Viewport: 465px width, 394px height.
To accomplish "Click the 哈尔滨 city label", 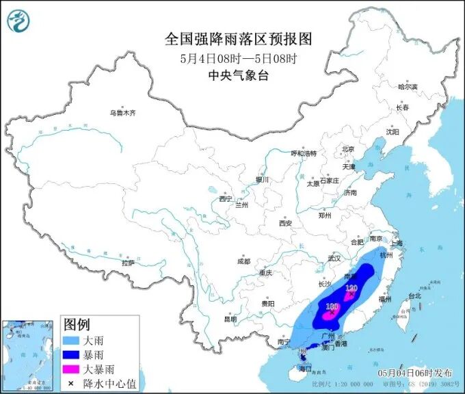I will pos(406,87).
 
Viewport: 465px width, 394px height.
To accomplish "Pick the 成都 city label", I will pos(243,261).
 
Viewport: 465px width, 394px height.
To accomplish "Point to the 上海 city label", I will pos(395,244).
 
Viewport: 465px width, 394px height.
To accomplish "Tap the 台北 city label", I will pos(414,296).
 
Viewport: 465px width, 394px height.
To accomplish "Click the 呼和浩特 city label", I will pos(304,153).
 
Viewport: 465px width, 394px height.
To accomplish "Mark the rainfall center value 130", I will pos(333,307).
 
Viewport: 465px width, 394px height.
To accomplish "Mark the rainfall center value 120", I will pos(351,289).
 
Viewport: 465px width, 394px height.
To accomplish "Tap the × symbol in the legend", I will pos(71,383).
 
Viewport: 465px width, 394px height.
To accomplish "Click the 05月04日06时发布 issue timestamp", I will pos(414,373).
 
